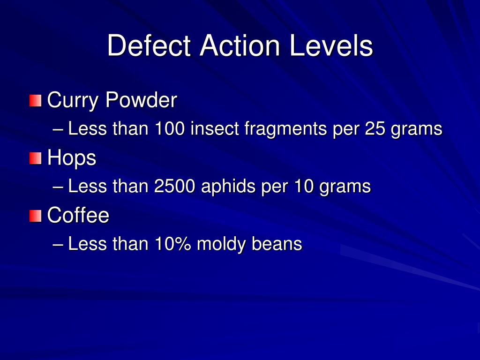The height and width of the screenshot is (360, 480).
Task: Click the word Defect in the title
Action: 150,46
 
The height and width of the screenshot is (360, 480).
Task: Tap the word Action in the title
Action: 240,46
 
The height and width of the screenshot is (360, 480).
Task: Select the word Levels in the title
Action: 331,46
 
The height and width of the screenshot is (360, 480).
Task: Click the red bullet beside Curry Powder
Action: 35,100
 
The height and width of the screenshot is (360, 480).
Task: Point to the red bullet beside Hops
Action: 35,158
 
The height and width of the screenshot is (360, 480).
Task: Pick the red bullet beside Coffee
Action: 35,216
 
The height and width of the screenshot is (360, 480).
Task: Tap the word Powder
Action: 141,100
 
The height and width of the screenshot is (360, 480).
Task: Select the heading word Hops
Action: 72,158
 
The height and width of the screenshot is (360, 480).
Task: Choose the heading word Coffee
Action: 78,216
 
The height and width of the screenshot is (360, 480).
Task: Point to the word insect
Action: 215,129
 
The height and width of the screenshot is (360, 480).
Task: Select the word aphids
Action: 228,187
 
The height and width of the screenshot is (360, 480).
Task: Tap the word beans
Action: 277,244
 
